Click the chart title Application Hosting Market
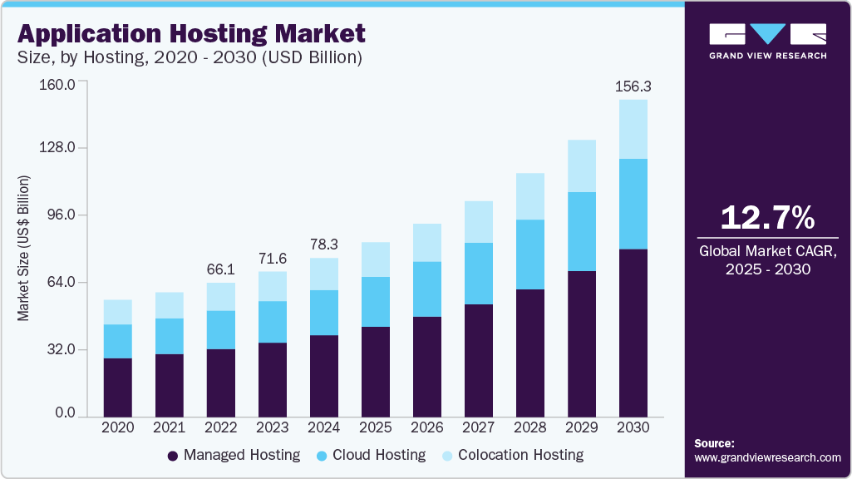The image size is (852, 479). tap(191, 33)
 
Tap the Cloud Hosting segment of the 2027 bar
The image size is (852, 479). tap(479, 274)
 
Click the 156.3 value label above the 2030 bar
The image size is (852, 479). tap(633, 86)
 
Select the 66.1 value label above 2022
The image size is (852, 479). tap(221, 269)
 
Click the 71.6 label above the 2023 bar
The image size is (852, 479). tap(273, 258)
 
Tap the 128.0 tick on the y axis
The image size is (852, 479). tap(59, 148)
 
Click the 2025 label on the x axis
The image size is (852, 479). tap(376, 427)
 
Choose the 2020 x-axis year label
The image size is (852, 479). tap(118, 427)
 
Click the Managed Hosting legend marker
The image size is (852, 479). tap(173, 456)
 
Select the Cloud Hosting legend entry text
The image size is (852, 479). tap(379, 455)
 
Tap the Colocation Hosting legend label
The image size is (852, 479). tap(520, 455)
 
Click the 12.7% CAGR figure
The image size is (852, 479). tap(767, 218)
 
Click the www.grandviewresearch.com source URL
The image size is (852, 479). tap(767, 457)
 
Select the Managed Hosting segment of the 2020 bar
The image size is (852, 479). tap(118, 388)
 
